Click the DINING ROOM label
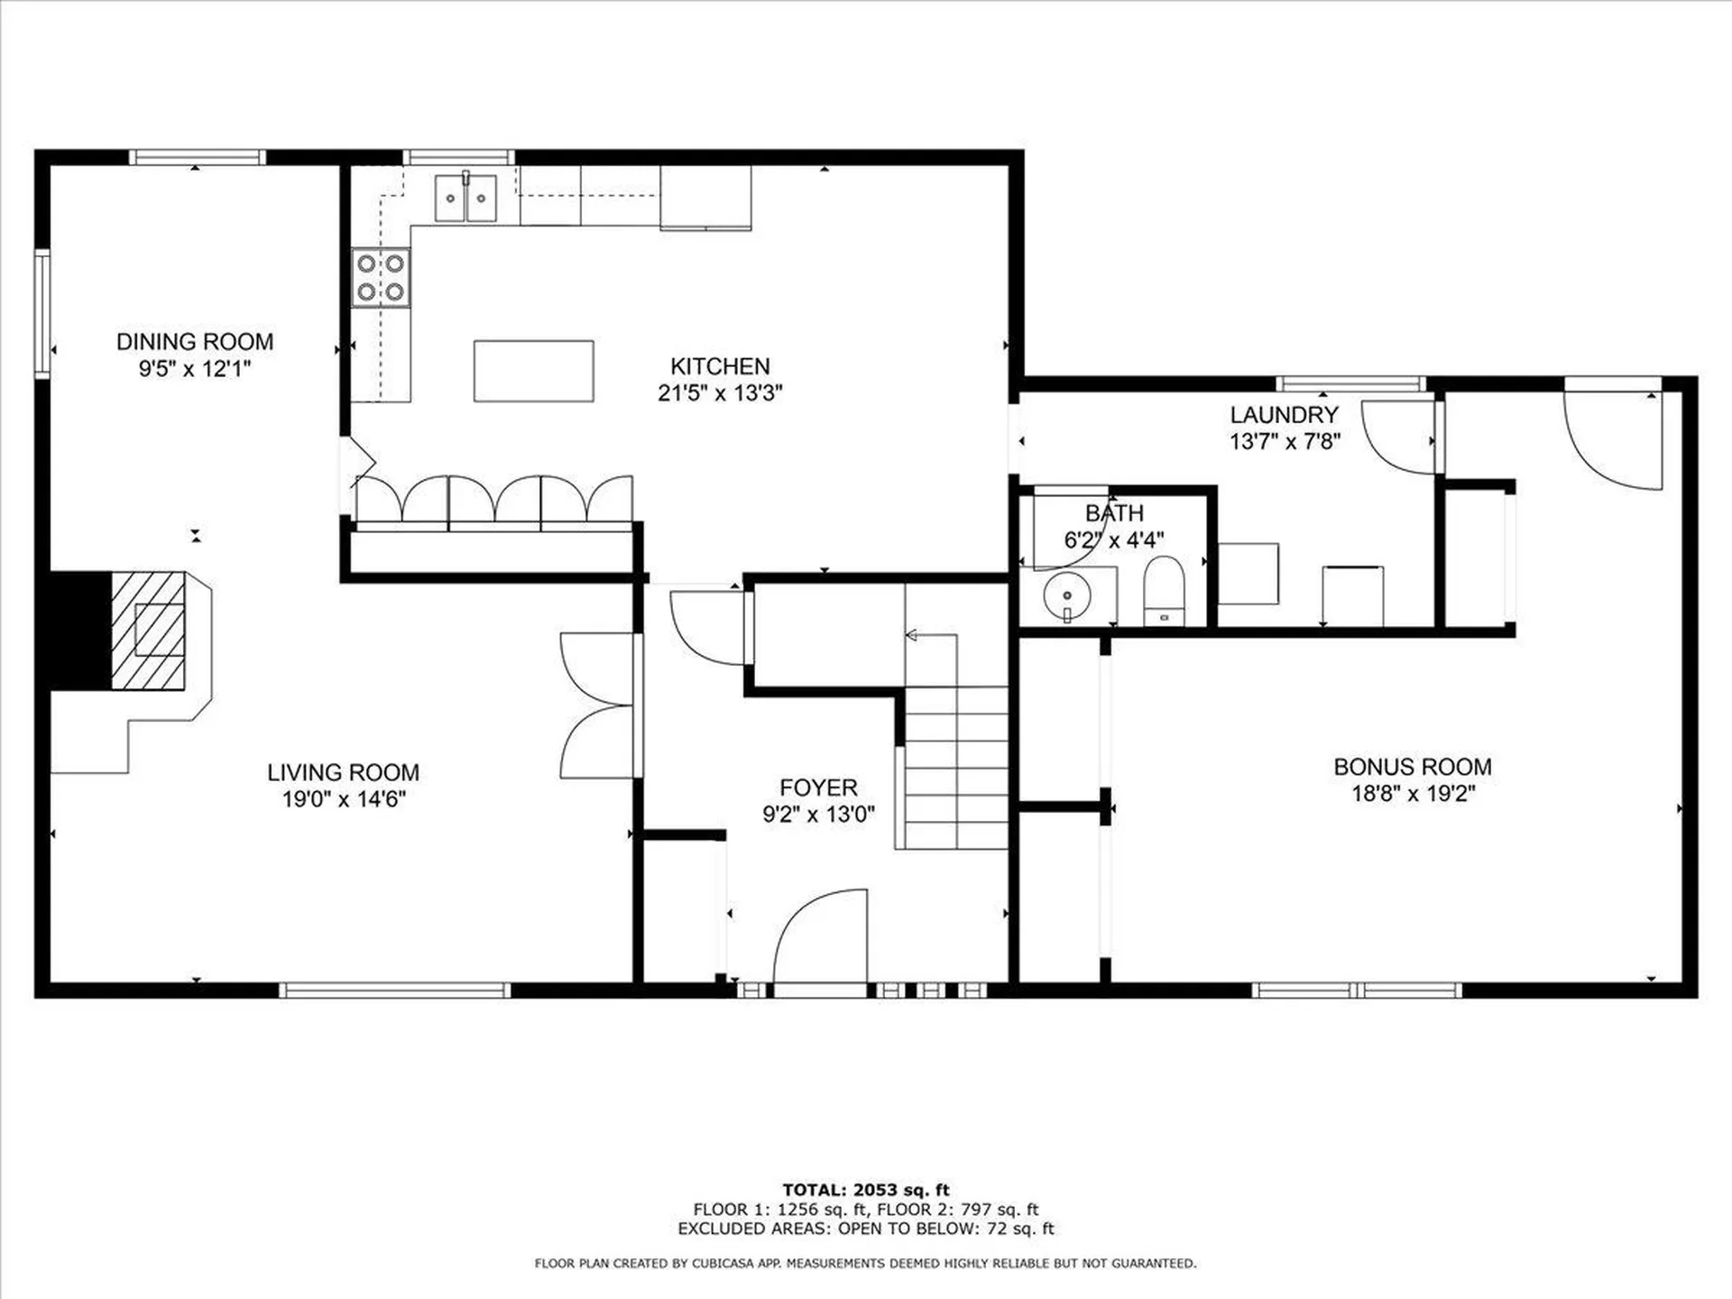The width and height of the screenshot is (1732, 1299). pos(195,342)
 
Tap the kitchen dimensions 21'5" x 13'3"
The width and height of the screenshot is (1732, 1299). pos(720,392)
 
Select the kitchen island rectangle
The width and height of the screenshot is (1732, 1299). pos(534,371)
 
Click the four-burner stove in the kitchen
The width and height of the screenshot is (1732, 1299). pos(381,278)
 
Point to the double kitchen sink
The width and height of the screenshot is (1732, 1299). pos(465,198)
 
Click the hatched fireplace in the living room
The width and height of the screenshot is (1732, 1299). pos(149,631)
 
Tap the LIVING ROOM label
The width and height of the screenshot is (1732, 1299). pos(343,772)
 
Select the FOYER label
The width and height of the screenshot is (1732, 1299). pos(818,788)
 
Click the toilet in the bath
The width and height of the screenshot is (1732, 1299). pos(1164,591)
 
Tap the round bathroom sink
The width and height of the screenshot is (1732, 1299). pos(1067,596)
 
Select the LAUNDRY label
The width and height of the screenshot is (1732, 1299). pos(1284,415)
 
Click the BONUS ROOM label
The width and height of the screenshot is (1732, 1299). pos(1413,767)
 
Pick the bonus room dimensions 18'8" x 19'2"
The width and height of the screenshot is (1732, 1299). pos(1413,794)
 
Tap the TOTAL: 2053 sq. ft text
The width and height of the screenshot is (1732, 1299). pos(866,1190)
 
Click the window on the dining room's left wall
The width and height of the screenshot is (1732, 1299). pos(41,313)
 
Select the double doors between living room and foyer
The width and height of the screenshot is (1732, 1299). pos(596,705)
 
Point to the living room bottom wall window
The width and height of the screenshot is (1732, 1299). pos(394,990)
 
